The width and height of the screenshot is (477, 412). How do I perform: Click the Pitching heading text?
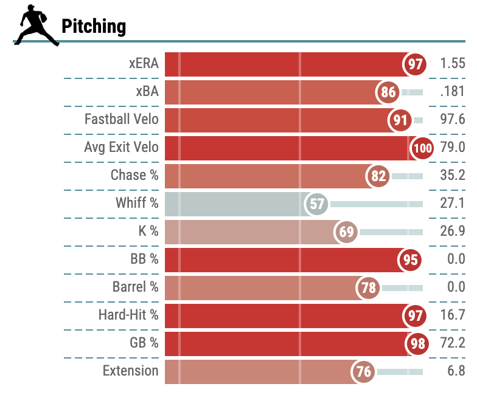94,26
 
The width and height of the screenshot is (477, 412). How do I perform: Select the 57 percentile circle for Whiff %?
317,204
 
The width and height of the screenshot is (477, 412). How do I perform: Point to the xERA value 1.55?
452,64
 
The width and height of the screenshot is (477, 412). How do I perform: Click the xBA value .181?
452,92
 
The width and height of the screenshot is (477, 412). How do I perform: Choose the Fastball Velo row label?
121,119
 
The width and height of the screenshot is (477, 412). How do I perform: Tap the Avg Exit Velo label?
121,147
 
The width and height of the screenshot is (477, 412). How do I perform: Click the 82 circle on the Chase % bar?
378,176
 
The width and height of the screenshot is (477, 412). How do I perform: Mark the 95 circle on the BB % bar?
411,260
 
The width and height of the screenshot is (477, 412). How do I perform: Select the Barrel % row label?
135,287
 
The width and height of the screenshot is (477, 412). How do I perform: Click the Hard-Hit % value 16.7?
452,315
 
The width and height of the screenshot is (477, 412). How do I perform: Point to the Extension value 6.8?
456,371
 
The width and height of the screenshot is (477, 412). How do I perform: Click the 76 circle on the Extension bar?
364,372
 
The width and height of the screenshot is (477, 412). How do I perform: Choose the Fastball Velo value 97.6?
452,119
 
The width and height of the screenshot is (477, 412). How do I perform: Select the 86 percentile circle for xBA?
388,92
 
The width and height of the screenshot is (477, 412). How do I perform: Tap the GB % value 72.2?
452,343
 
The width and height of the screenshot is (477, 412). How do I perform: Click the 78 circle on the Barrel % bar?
369,287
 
